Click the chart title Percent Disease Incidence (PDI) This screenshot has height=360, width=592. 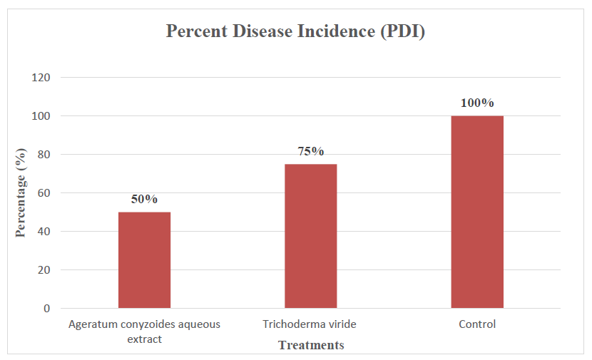point(295,31)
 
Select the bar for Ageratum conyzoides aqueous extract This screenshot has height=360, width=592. point(144,260)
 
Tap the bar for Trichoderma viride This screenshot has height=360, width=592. point(310,236)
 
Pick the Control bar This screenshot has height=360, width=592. point(477,212)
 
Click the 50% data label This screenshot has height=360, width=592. point(144,199)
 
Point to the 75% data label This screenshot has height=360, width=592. point(310,151)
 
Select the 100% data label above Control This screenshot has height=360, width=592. point(477,103)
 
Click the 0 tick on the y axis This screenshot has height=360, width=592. point(46,309)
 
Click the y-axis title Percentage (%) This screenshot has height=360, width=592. point(21,193)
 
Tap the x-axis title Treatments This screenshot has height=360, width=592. point(310,346)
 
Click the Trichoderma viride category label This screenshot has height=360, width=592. point(309,324)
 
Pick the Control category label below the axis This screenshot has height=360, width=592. point(477,324)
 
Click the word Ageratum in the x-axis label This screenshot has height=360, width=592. point(91,324)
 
